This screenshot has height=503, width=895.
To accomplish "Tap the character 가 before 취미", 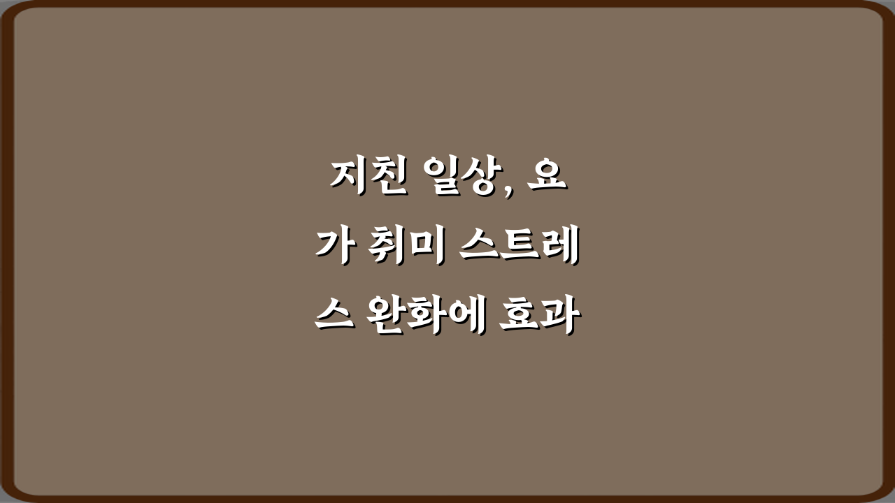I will coord(333,249).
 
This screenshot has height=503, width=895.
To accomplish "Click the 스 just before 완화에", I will coord(333,319).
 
